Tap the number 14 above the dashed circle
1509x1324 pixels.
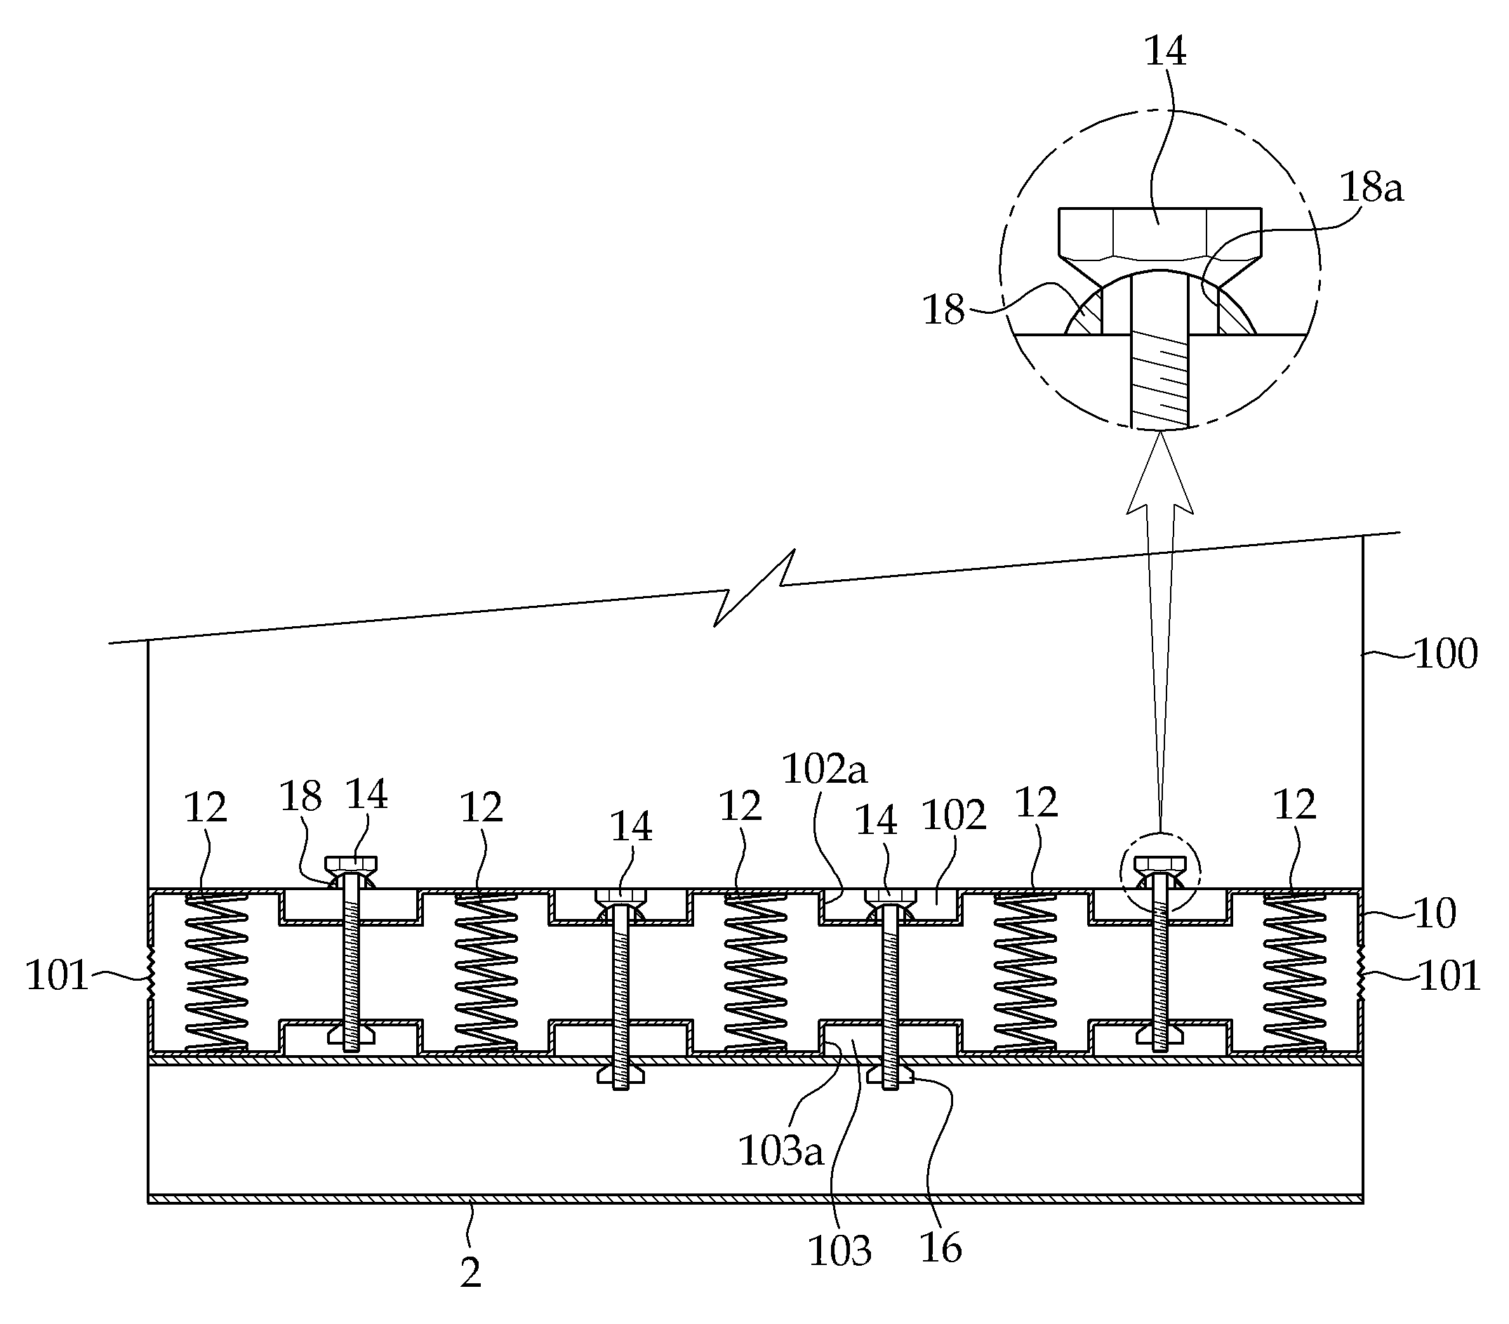tap(1165, 51)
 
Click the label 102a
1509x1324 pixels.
tap(825, 769)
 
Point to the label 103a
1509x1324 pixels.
tap(780, 1151)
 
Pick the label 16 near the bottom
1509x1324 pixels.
tap(941, 1248)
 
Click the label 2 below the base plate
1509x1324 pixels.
tap(470, 1272)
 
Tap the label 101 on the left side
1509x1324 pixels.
tap(57, 976)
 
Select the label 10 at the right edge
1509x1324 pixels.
tap(1435, 913)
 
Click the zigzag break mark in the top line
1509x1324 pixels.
tap(754, 587)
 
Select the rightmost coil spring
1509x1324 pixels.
tap(1295, 973)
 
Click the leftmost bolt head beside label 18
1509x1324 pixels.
tap(352, 864)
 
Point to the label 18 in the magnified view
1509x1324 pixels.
tap(943, 310)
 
